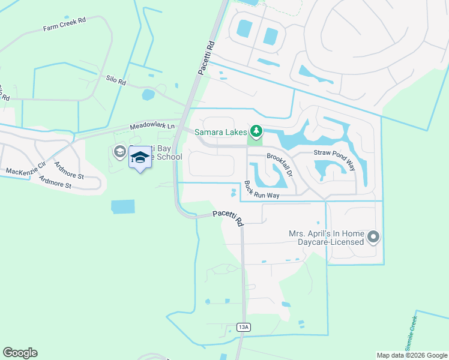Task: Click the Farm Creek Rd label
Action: [x=64, y=24]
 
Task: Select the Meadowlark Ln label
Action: [x=154, y=126]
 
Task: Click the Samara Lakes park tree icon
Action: [x=256, y=130]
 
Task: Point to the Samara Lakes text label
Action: [x=220, y=131]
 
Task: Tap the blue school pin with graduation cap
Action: [x=140, y=158]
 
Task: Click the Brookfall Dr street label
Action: [x=279, y=164]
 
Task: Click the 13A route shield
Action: [x=243, y=327]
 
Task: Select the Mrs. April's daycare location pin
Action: [x=373, y=238]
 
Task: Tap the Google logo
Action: [x=20, y=353]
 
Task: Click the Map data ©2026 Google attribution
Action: [x=411, y=355]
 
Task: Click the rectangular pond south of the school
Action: [x=123, y=206]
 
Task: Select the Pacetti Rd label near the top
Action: [x=205, y=58]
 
